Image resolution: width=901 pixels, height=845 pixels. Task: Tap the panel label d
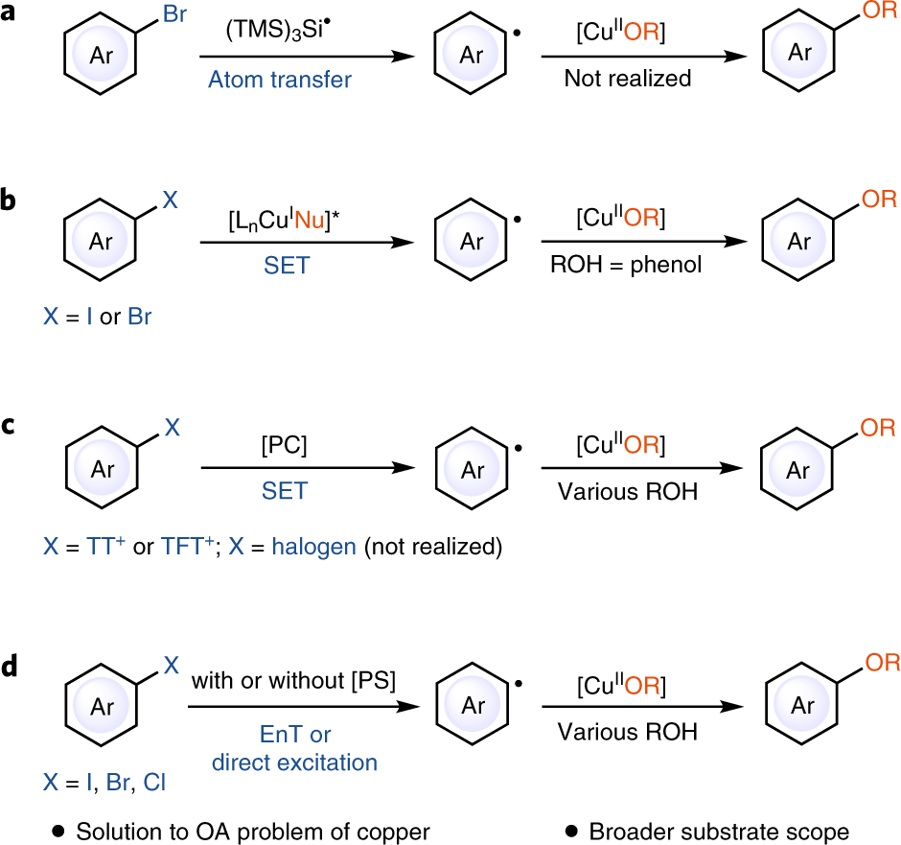[11, 667]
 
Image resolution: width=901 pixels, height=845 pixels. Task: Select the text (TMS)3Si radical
[278, 31]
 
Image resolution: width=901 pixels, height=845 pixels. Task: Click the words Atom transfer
[280, 80]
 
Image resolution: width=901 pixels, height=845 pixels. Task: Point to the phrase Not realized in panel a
[628, 79]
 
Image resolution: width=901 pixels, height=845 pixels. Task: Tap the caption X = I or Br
[97, 315]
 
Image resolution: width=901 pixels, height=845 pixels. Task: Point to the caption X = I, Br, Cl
[104, 784]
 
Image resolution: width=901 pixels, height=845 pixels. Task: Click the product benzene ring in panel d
[803, 706]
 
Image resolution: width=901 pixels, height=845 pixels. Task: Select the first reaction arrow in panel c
[308, 467]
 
